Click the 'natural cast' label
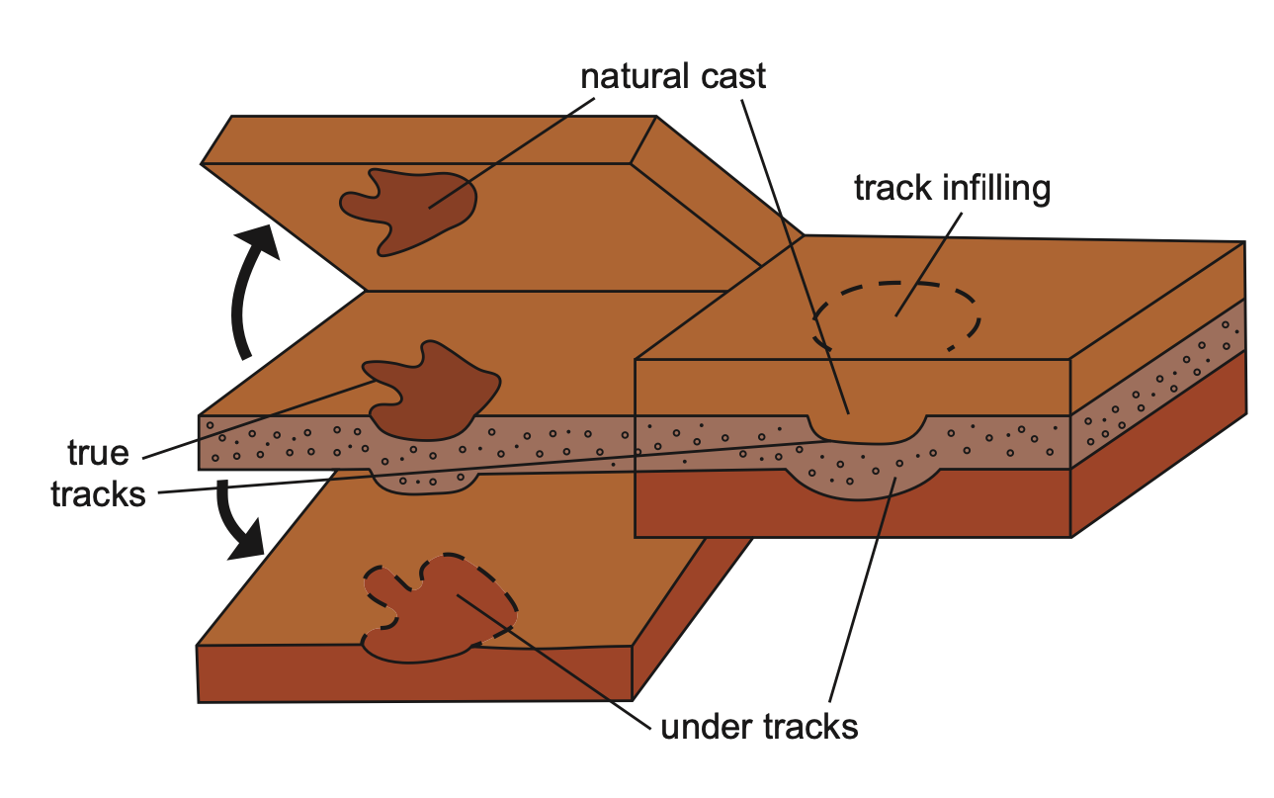tap(673, 75)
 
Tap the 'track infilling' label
tap(951, 187)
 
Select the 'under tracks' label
tap(758, 727)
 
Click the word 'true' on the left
tap(98, 453)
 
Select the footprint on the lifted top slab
tap(409, 206)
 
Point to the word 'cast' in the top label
tap(730, 75)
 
